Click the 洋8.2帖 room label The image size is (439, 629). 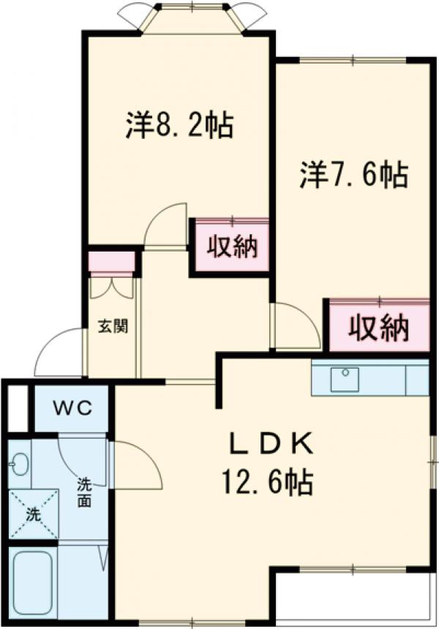[x=179, y=125]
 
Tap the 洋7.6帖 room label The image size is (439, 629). [x=353, y=175]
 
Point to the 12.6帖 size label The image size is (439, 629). [x=268, y=482]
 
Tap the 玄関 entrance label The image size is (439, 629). [x=113, y=326]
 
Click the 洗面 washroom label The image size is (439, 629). [x=85, y=494]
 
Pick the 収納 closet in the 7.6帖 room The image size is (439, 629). [x=378, y=327]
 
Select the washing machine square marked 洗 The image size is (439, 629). [x=32, y=514]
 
